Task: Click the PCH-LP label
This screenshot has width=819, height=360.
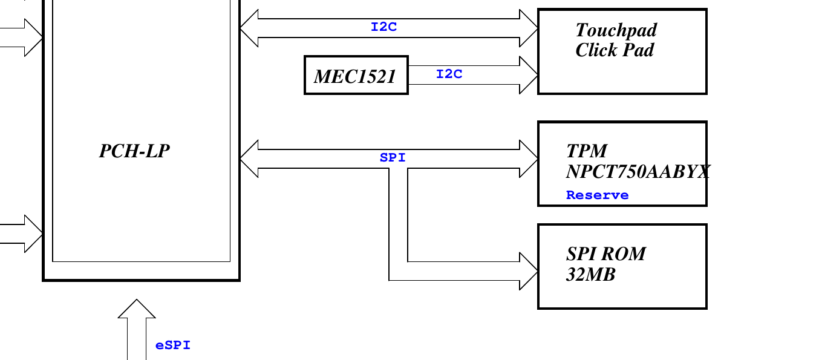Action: [134, 151]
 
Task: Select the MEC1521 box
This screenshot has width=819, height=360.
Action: [356, 76]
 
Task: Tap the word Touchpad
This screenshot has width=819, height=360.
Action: [616, 30]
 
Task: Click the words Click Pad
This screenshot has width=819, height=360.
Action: [614, 50]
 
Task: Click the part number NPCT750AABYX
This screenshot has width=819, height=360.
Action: [638, 171]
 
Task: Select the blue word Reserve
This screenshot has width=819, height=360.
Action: [597, 195]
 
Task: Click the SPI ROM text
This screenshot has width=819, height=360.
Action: [605, 254]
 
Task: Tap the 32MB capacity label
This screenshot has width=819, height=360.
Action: [590, 275]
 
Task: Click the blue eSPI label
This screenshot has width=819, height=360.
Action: [173, 345]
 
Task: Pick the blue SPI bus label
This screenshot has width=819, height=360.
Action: [393, 158]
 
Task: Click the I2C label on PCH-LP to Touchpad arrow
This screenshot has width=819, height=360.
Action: [383, 27]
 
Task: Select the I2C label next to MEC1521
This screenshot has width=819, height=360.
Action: [449, 74]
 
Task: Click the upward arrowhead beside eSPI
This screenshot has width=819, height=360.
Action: [137, 309]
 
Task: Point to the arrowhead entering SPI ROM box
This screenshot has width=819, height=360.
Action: [529, 271]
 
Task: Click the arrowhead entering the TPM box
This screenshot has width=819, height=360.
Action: [529, 159]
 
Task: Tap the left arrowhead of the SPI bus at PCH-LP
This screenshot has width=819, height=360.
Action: [249, 159]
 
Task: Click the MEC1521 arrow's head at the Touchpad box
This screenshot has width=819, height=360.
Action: [529, 75]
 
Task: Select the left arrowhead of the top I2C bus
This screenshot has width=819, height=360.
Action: [249, 28]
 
